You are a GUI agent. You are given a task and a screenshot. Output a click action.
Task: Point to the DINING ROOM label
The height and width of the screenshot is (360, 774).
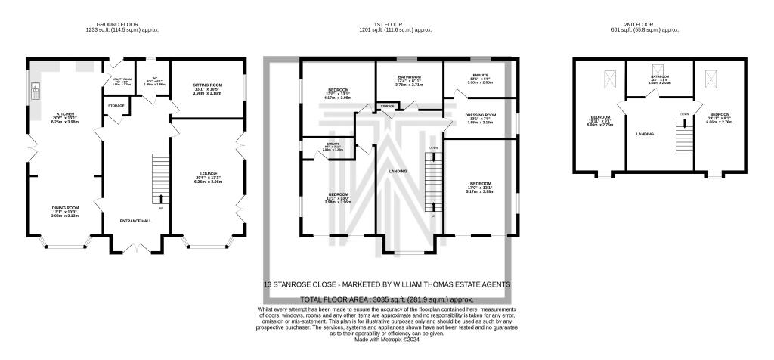(65, 212)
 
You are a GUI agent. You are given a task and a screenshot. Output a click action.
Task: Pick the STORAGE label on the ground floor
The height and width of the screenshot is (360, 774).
(116, 106)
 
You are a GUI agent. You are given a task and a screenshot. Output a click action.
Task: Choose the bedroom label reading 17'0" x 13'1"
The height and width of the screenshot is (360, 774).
(480, 188)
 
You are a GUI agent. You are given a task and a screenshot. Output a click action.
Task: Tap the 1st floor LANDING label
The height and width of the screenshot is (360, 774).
(398, 171)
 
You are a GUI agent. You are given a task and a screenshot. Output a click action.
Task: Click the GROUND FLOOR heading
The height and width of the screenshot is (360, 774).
(122, 25)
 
